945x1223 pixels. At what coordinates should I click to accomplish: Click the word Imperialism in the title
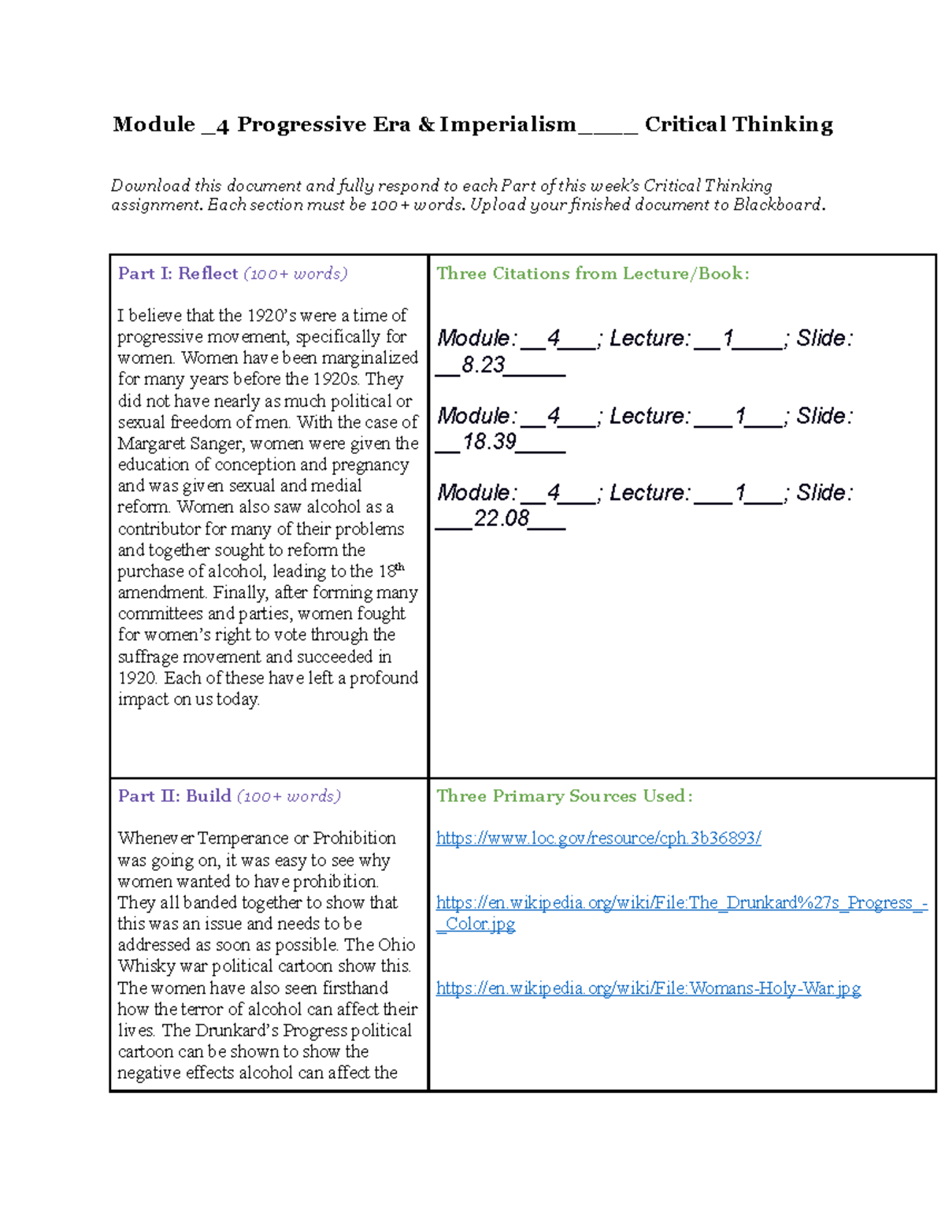tap(508, 124)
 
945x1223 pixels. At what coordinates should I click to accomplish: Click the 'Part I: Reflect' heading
tap(177, 273)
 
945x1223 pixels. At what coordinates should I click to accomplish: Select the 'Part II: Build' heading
tap(174, 795)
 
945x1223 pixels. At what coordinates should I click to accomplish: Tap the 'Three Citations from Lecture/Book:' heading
tap(592, 273)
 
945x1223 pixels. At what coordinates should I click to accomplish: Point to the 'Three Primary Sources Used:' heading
tap(564, 795)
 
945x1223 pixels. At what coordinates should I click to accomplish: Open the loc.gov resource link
tap(598, 838)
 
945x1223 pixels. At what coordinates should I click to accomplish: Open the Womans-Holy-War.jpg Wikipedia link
tap(648, 988)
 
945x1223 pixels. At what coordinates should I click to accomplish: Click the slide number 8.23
tap(483, 365)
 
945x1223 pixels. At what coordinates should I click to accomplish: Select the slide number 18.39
tap(489, 441)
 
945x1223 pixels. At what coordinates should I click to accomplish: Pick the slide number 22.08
tap(501, 517)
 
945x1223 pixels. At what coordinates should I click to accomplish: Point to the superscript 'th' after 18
tap(400, 567)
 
